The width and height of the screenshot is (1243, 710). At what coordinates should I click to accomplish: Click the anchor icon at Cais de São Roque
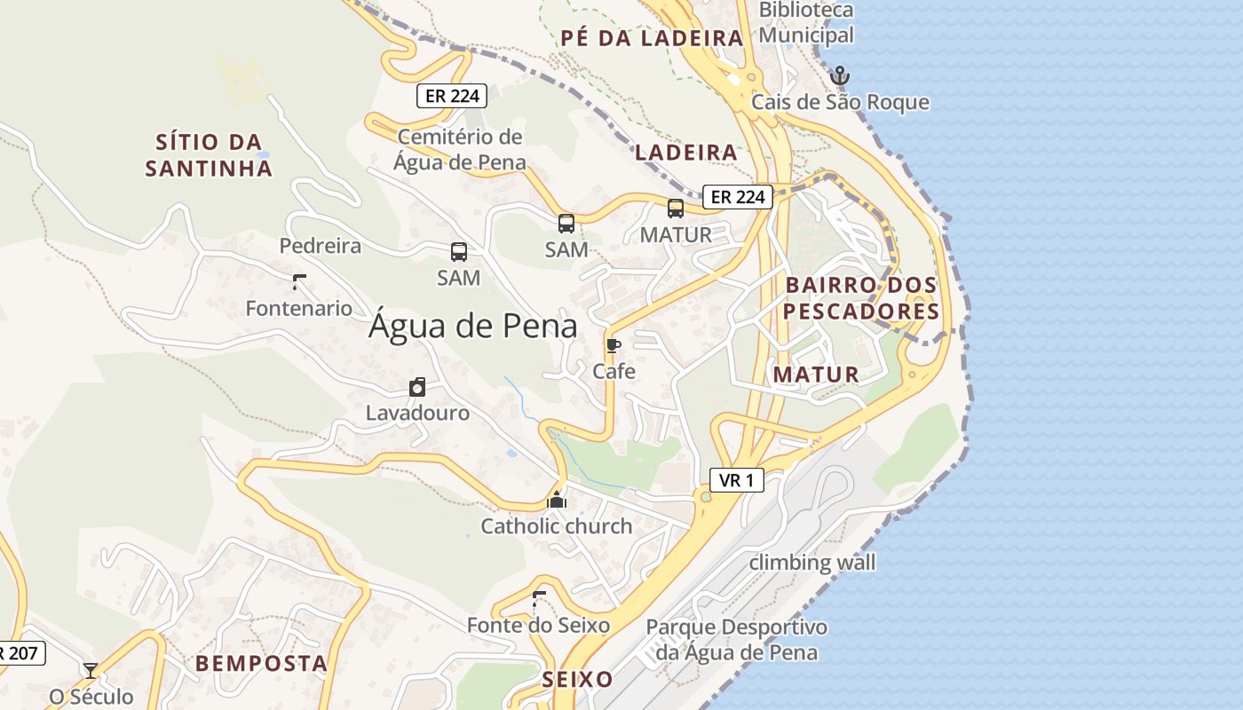click(x=839, y=75)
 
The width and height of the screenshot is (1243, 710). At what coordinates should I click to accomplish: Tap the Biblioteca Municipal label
click(x=806, y=23)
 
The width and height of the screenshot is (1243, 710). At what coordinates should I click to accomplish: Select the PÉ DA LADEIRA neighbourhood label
click(x=652, y=38)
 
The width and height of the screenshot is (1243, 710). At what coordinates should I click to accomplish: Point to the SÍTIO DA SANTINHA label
click(x=209, y=155)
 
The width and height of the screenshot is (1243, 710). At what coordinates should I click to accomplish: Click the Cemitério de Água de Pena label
click(x=460, y=150)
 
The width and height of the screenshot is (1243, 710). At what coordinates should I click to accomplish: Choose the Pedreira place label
click(x=321, y=246)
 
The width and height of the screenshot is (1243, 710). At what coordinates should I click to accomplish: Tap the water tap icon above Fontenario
click(x=299, y=283)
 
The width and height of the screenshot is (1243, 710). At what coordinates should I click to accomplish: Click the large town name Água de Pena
click(x=472, y=327)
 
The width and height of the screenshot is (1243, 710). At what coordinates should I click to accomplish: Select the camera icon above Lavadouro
click(x=417, y=387)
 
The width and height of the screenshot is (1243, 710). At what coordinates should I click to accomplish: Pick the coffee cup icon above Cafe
click(x=613, y=345)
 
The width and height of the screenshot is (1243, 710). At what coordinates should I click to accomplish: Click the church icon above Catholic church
click(x=557, y=501)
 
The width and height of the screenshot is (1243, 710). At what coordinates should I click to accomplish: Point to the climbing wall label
click(x=812, y=563)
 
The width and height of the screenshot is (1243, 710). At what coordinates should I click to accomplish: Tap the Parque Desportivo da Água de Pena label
click(x=736, y=640)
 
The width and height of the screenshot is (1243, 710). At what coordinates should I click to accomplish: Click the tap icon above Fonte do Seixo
click(x=538, y=599)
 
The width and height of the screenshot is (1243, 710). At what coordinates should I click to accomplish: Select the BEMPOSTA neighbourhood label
click(x=262, y=663)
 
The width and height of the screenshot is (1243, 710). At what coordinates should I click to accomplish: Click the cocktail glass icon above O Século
click(x=91, y=670)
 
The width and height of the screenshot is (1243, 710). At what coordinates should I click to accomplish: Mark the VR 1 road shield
click(x=737, y=481)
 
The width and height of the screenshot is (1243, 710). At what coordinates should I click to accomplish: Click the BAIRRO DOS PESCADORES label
click(x=860, y=298)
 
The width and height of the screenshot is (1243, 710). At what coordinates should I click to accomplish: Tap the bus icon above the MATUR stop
click(x=676, y=209)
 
